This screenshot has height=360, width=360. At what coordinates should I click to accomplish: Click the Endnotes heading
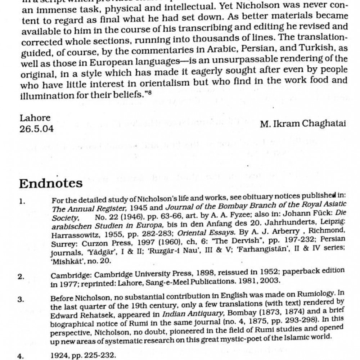51,183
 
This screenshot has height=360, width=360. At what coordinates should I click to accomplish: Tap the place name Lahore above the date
35,118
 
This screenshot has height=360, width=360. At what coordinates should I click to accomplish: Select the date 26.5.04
36,129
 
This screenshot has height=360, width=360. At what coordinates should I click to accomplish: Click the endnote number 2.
21,277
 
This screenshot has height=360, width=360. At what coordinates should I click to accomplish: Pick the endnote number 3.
21,300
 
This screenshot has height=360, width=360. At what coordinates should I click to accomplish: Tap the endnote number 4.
21,357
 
